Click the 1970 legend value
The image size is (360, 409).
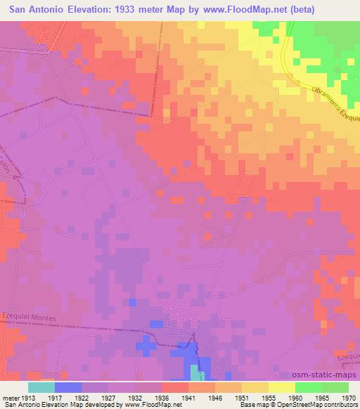[x=341, y=397]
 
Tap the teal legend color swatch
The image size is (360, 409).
[x=41, y=387]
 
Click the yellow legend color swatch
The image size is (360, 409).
[x=281, y=387]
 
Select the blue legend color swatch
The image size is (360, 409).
[x=68, y=387]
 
